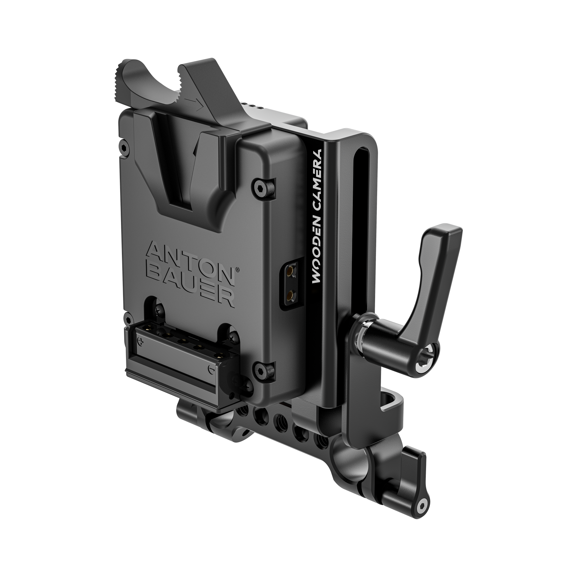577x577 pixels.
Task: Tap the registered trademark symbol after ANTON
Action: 238,270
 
